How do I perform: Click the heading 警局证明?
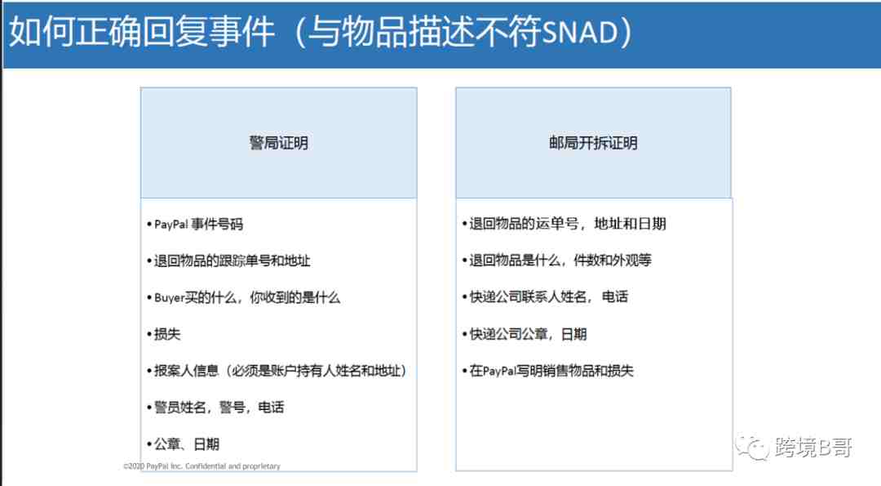click(x=279, y=143)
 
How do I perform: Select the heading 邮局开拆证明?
click(x=593, y=143)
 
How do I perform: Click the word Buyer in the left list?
click(x=170, y=297)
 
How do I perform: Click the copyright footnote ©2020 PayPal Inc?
click(x=201, y=466)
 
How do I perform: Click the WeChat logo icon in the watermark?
click(x=752, y=447)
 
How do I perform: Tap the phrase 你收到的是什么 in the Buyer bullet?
click(x=295, y=297)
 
